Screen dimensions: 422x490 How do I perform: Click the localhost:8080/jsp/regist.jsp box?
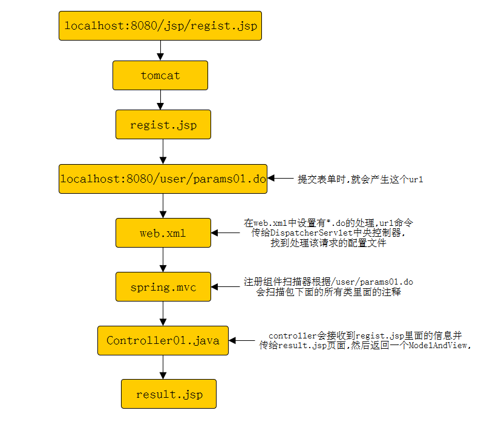coord(160,25)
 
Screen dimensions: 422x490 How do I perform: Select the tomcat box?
coord(160,76)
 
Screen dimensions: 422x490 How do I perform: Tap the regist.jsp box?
coord(163,125)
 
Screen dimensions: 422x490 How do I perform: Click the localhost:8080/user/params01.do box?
coord(163,179)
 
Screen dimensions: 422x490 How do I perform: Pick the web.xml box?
coord(163,233)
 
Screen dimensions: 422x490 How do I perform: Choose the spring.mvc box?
coord(163,287)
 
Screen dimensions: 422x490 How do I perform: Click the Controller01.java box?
coord(163,340)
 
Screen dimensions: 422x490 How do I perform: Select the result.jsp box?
coord(169,394)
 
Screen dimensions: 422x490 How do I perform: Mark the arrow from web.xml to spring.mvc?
coord(163,260)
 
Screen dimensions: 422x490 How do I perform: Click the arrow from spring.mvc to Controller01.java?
coord(163,314)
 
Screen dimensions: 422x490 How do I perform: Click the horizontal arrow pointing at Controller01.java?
coord(241,341)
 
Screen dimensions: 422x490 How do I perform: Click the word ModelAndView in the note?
coord(439,345)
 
